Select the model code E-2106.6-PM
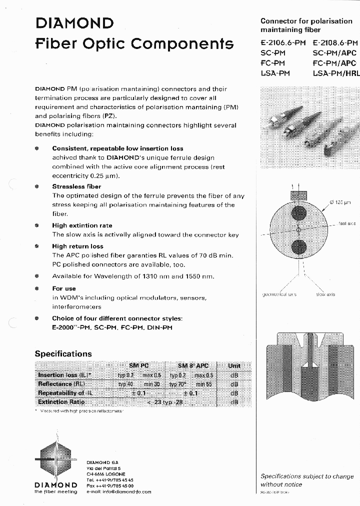pyautogui.click(x=282, y=43)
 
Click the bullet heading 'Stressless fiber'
pyautogui.click(x=76, y=186)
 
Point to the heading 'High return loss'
pyautogui.click(x=77, y=246)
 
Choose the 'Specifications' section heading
pyautogui.click(x=63, y=353)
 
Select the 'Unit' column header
pyautogui.click(x=234, y=366)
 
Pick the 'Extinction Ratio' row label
pyautogui.click(x=61, y=402)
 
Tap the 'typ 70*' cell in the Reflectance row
pyautogui.click(x=177, y=384)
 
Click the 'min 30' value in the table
pyautogui.click(x=152, y=384)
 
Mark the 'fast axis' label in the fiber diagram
pyautogui.click(x=346, y=223)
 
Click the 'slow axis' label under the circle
pyautogui.click(x=325, y=294)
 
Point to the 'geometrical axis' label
pyautogui.click(x=279, y=294)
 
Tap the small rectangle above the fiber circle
pyautogui.click(x=298, y=194)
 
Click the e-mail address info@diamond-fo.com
pyautogui.click(x=118, y=492)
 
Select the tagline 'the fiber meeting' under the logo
pyautogui.click(x=55, y=492)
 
